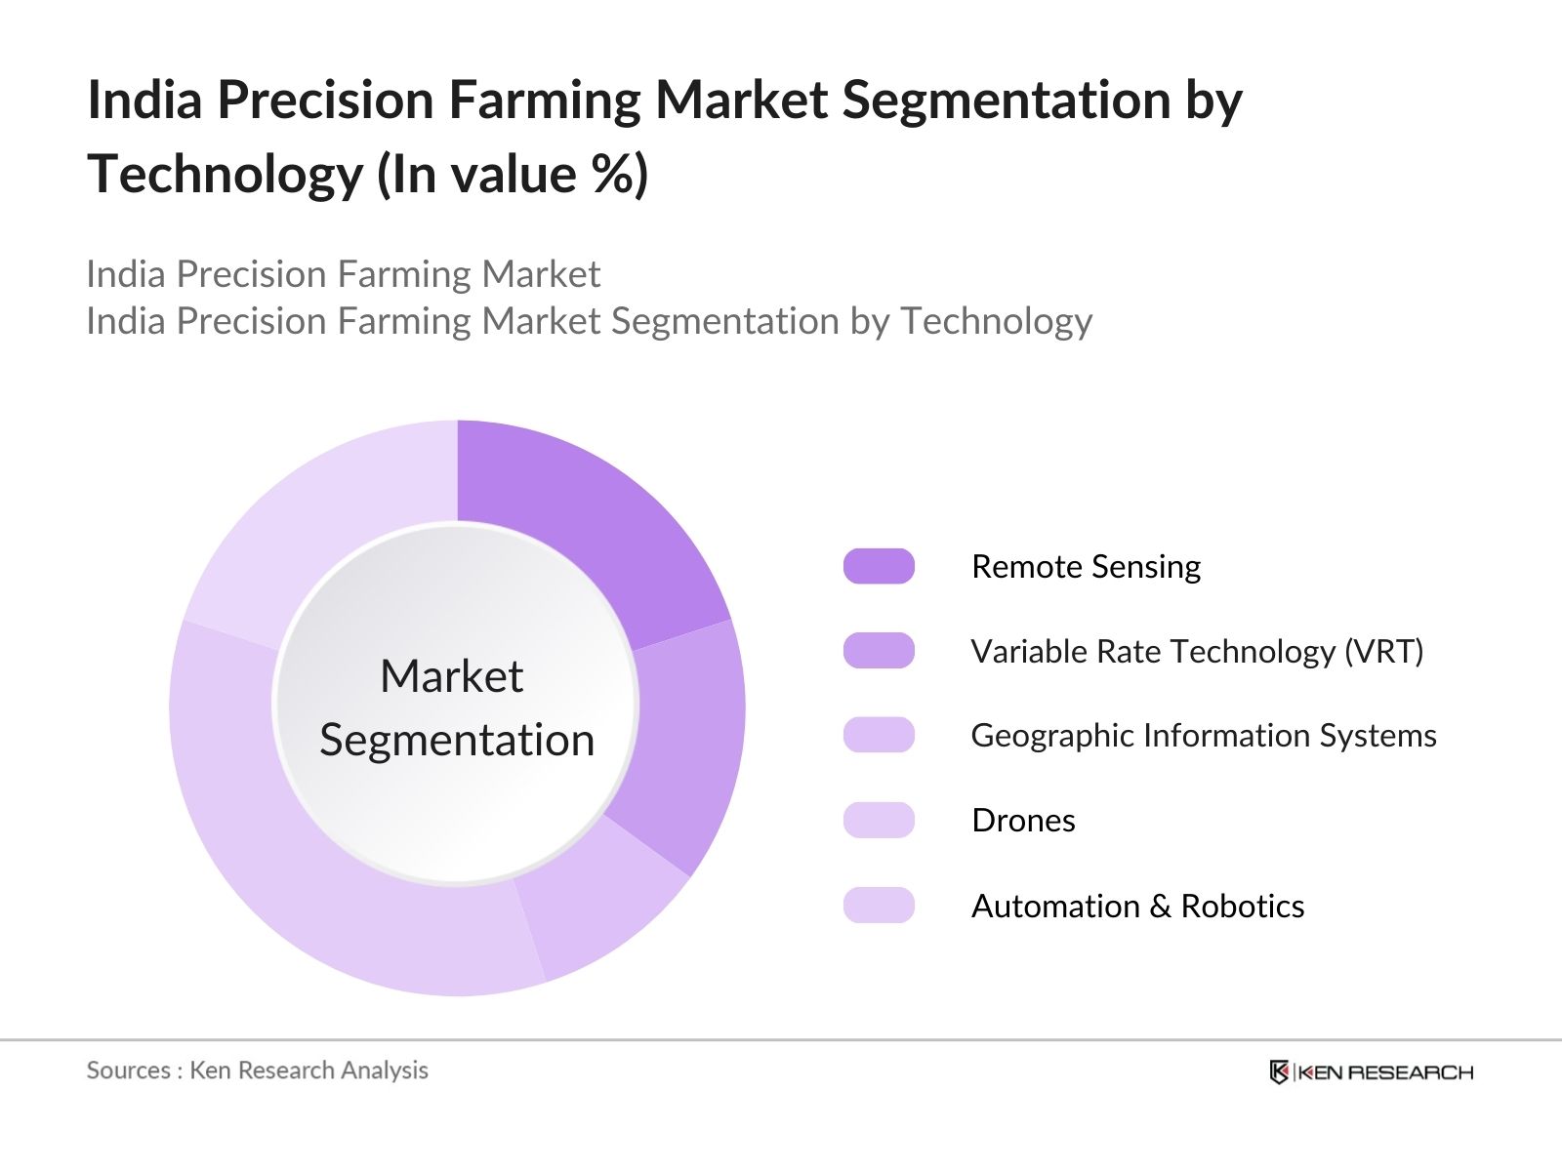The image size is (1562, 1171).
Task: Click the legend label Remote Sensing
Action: point(1086,567)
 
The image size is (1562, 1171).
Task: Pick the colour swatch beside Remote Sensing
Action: point(879,566)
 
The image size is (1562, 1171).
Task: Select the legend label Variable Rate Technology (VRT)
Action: point(1197,651)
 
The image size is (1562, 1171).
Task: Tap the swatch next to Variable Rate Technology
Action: point(879,651)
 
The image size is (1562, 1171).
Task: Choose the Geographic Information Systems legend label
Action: point(1204,735)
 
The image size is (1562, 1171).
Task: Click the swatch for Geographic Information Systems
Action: point(879,735)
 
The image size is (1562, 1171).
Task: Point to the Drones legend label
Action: point(1023,821)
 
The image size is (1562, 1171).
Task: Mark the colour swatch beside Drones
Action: point(879,820)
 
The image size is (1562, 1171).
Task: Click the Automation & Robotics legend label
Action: point(1138,906)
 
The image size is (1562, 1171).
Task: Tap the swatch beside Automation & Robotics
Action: point(879,906)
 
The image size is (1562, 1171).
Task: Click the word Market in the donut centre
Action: point(452,675)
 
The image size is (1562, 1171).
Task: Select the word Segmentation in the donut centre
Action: point(457,740)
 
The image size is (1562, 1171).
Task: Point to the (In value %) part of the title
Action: point(513,175)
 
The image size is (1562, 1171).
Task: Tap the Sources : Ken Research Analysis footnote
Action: point(257,1070)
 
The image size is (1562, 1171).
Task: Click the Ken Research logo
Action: point(1372,1072)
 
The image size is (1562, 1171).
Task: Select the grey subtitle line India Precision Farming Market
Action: point(343,274)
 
